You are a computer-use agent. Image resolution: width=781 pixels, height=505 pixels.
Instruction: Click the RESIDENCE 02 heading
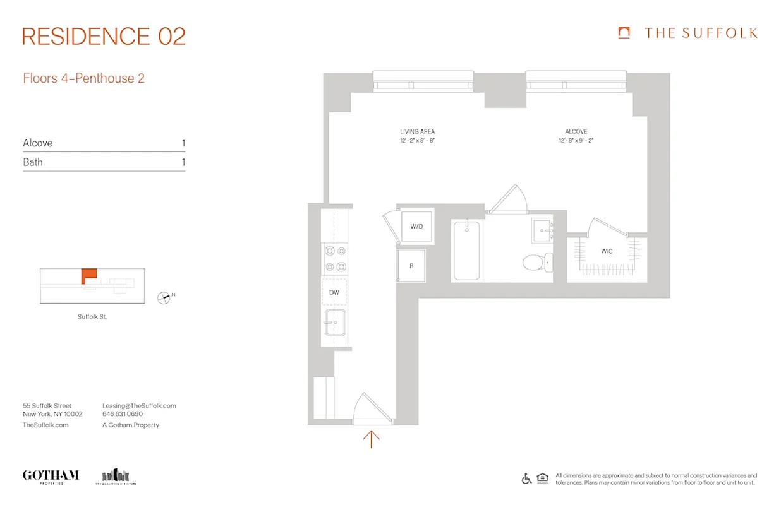(x=104, y=37)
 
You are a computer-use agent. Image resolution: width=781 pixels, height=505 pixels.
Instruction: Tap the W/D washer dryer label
(x=416, y=226)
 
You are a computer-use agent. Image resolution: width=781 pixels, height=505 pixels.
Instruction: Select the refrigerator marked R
(x=411, y=266)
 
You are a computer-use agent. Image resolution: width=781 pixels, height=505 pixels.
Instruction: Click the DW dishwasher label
(x=334, y=292)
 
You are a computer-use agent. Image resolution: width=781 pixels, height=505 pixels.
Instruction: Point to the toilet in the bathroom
(x=536, y=261)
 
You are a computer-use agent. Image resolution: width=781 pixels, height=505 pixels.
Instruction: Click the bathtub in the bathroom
(x=466, y=250)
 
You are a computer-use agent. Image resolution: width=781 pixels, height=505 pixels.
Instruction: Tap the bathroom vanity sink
(x=542, y=229)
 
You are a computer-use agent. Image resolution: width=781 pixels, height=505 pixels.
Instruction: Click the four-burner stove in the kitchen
(x=334, y=259)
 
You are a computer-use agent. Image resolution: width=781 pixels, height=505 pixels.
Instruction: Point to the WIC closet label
(x=607, y=251)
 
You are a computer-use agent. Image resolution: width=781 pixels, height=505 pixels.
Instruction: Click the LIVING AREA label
(x=418, y=131)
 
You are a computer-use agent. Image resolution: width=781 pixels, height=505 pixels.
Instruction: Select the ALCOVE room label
(x=576, y=131)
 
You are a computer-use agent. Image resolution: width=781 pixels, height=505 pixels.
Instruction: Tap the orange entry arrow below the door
(x=372, y=439)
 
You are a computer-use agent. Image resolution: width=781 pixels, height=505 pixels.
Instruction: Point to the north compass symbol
(x=164, y=297)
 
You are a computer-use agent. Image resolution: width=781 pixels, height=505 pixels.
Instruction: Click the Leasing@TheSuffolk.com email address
(x=139, y=406)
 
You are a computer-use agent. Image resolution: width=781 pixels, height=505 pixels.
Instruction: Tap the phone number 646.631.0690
(x=123, y=415)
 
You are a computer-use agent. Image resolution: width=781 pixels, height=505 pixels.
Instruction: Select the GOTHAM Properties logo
(x=51, y=476)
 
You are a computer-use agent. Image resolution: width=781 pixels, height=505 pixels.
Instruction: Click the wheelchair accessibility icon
(x=526, y=478)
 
